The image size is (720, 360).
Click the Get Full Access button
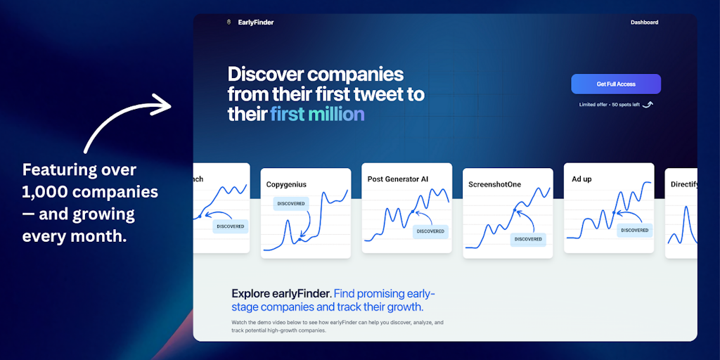[x=616, y=84]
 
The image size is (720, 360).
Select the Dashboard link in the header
[x=644, y=22]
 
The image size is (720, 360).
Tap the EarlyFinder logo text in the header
[x=256, y=22]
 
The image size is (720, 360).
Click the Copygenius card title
[x=286, y=185]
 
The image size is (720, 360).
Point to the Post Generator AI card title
[x=398, y=179]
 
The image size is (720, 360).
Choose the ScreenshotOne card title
[x=495, y=185]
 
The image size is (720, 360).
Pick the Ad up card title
[x=581, y=179]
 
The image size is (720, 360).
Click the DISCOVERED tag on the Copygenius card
[x=291, y=203]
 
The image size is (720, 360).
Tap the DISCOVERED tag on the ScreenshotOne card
[x=528, y=239]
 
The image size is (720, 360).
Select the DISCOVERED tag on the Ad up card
[x=635, y=230]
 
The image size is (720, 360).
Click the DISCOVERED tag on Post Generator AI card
[x=430, y=231]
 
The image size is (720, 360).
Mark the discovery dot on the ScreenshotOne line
[x=515, y=210]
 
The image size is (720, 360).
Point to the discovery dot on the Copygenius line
[x=300, y=240]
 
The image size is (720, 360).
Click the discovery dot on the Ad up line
[x=614, y=212]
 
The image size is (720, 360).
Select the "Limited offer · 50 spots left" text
[x=610, y=105]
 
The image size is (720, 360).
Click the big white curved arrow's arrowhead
[x=161, y=105]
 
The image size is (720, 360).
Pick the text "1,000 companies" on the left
[x=90, y=192]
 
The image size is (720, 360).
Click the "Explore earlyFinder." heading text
[x=281, y=294]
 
